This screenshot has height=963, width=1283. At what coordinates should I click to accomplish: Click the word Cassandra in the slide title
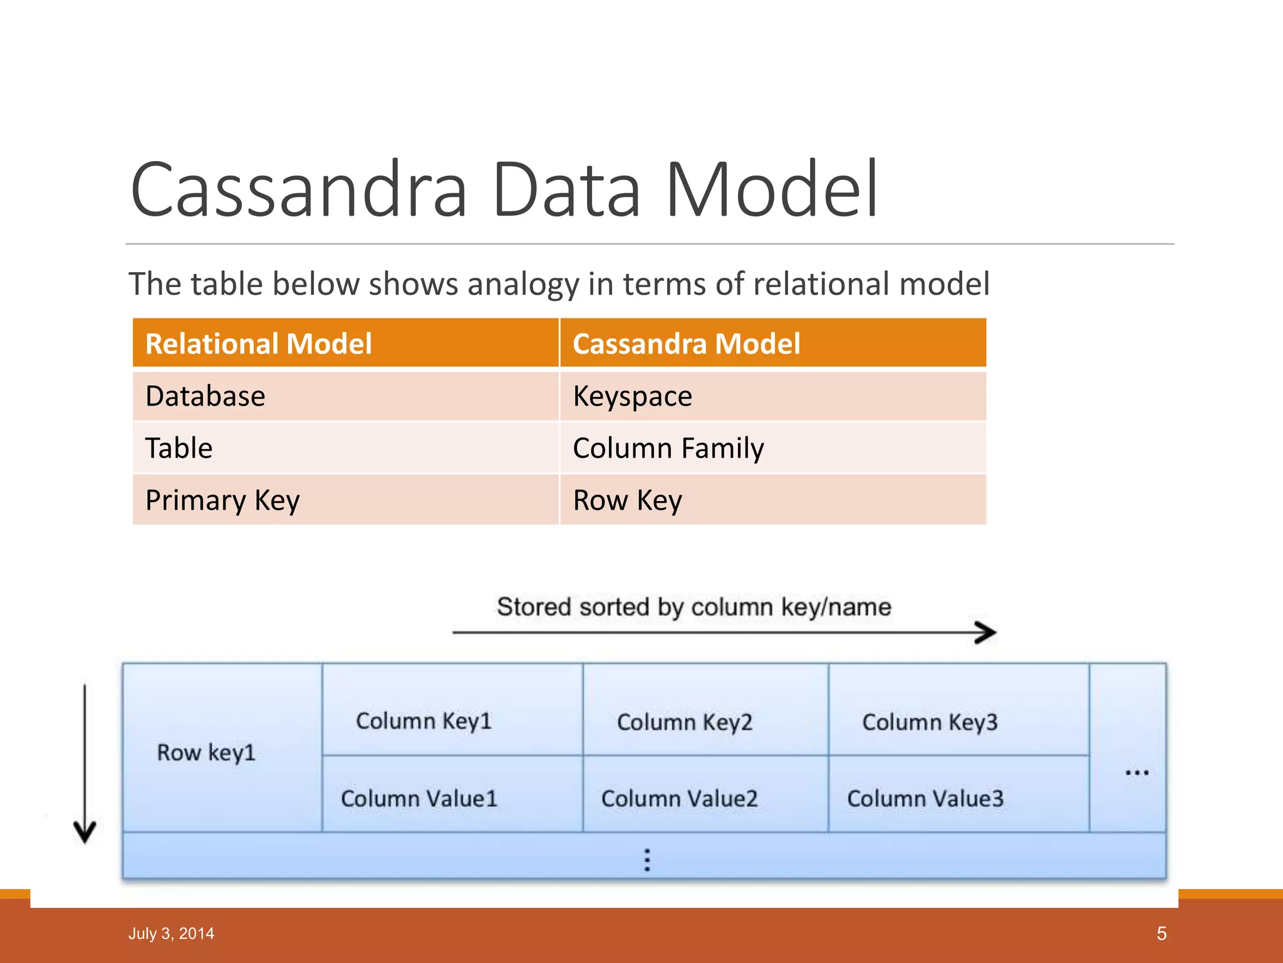[x=299, y=190]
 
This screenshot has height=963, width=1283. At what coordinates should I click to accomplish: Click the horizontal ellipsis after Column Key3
[x=1136, y=772]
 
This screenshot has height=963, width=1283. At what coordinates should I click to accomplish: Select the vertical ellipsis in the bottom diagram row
[x=647, y=860]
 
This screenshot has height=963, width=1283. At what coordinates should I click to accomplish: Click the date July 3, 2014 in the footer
[x=171, y=934]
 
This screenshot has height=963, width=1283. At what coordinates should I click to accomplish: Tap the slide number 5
[x=1161, y=934]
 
